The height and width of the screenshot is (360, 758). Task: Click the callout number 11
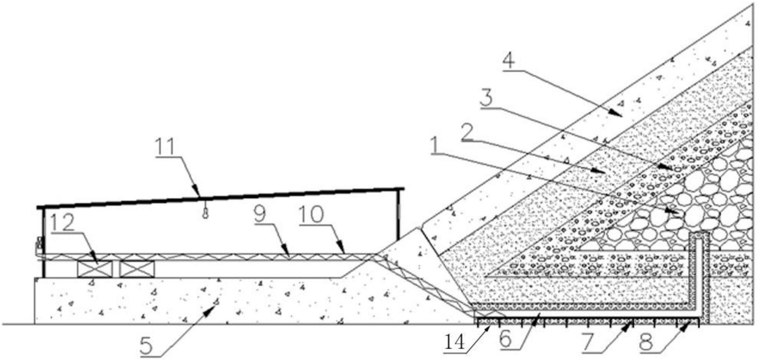(165, 147)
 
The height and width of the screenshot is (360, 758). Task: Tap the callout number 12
(62, 223)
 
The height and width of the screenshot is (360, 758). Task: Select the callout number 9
(259, 215)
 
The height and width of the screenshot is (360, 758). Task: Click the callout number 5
(146, 346)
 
